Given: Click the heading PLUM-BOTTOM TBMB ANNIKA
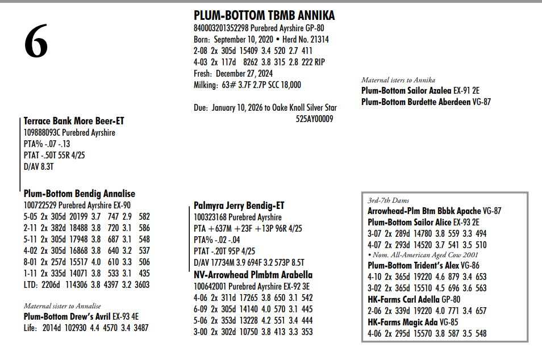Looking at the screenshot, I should pyautogui.click(x=264, y=15).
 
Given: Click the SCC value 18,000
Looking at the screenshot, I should pyautogui.click(x=289, y=85).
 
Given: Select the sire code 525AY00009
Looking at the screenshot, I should pyautogui.click(x=314, y=119).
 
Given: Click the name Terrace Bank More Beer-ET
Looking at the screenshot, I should pyautogui.click(x=74, y=121).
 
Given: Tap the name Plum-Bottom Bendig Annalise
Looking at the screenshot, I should pyautogui.click(x=80, y=194).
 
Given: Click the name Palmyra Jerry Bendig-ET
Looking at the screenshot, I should pyautogui.click(x=239, y=206).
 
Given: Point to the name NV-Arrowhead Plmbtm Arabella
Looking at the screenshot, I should pyautogui.click(x=253, y=275).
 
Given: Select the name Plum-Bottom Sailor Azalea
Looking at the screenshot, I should pyautogui.click(x=406, y=91).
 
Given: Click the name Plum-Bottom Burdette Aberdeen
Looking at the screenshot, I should pyautogui.click(x=416, y=102).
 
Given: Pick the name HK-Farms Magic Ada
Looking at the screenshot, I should pyautogui.click(x=404, y=323).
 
